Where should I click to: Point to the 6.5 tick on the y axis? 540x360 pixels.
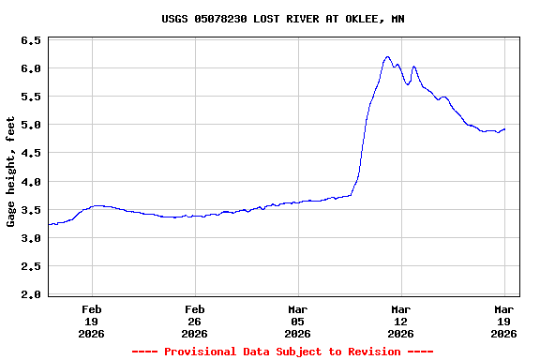(x=31, y=41)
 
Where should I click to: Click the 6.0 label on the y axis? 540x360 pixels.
(x=31, y=69)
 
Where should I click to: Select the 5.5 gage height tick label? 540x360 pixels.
(x=31, y=97)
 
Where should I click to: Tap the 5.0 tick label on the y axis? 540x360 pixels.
(x=31, y=126)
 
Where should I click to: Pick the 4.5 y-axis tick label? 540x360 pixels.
(x=31, y=154)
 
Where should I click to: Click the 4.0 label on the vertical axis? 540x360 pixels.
(x=31, y=182)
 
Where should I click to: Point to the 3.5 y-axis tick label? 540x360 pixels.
(x=31, y=210)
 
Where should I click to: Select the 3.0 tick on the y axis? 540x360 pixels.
(x=31, y=238)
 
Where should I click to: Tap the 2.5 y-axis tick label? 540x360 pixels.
(x=31, y=266)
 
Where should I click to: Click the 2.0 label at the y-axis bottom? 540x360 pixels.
(x=31, y=294)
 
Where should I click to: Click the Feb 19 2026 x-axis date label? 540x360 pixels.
(x=92, y=321)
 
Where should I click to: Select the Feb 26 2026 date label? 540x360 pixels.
(x=195, y=321)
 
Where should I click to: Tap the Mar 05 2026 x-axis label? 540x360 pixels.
(x=298, y=321)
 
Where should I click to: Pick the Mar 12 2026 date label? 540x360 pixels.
(x=401, y=321)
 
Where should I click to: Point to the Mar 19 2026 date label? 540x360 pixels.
(x=504, y=321)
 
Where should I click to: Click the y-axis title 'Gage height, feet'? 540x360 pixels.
(x=11, y=172)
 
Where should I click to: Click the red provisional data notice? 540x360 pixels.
(x=282, y=352)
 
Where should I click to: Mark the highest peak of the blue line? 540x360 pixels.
(x=387, y=56)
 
